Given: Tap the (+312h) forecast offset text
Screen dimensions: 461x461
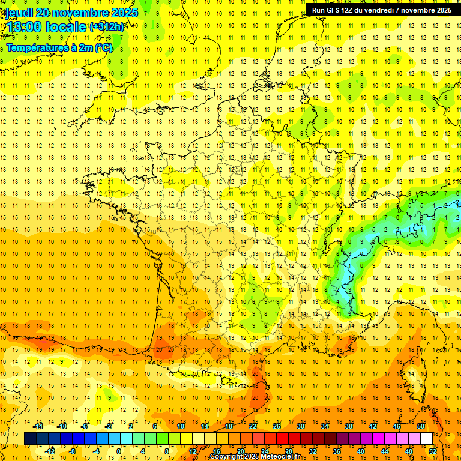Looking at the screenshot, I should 107,27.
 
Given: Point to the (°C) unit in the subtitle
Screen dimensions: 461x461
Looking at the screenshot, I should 103,48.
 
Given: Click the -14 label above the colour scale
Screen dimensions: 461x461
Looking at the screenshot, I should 38,426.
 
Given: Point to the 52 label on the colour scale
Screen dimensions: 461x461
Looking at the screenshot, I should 433,451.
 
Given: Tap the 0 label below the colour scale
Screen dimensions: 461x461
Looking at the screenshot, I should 118,451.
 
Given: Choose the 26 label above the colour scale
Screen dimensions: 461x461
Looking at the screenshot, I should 276,426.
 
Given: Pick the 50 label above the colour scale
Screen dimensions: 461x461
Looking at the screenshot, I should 421,426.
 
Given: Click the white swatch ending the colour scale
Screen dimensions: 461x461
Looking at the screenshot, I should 426,439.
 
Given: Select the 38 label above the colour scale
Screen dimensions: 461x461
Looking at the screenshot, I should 349,426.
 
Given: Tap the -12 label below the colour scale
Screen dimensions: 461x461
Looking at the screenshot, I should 50,451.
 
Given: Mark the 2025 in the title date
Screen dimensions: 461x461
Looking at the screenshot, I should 120,12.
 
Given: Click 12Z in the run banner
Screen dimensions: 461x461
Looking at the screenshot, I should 351,10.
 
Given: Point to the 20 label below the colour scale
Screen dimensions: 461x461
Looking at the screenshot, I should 240,451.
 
